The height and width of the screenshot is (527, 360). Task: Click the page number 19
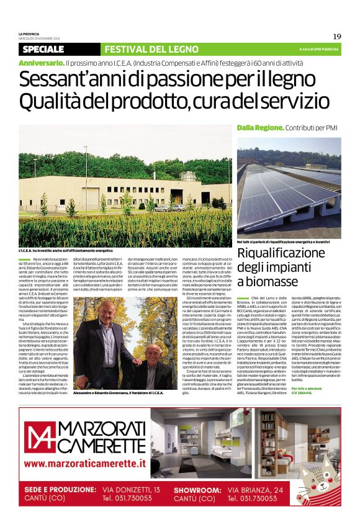coord(337,37)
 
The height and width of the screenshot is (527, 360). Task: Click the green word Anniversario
coord(41,63)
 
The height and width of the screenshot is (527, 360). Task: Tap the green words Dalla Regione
coord(260,127)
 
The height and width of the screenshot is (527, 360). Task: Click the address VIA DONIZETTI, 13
coord(131,489)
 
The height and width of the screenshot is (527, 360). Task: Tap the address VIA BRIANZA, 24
coord(255,489)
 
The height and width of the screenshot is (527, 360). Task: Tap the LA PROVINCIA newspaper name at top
coord(30,33)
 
